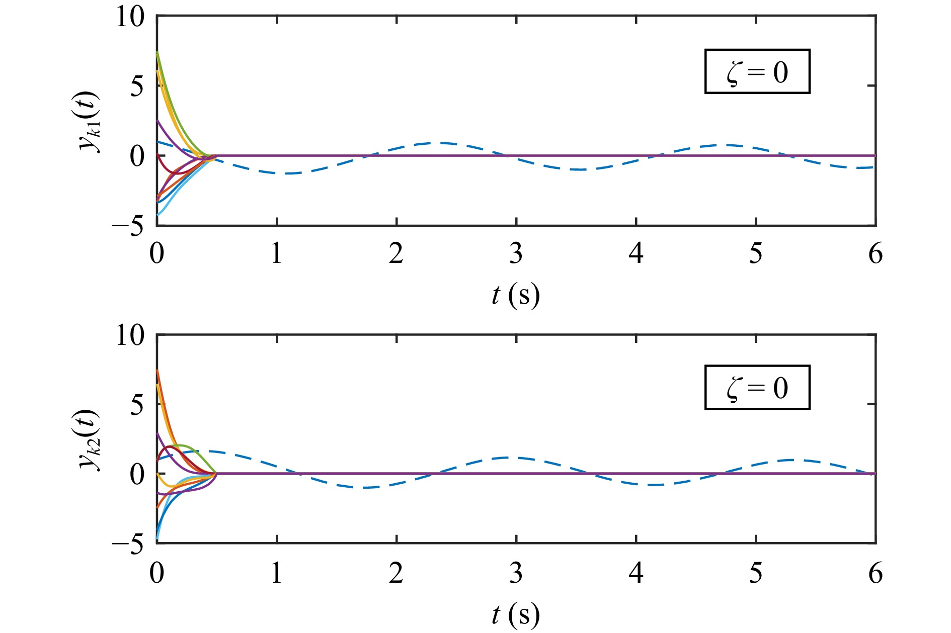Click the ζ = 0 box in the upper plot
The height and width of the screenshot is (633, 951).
click(757, 71)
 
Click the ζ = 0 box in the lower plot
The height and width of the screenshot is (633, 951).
click(757, 387)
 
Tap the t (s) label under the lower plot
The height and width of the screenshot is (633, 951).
click(515, 613)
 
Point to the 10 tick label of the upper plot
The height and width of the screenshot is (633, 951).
click(130, 17)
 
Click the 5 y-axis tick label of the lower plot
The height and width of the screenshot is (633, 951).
click(137, 404)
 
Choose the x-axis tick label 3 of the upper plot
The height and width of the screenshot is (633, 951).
click(516, 254)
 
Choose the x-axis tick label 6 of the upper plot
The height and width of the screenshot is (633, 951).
click(876, 254)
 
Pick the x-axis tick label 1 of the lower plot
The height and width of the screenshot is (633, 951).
click(276, 573)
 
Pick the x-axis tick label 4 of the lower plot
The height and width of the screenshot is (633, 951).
click(636, 573)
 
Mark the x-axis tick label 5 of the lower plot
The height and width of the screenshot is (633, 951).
click(756, 573)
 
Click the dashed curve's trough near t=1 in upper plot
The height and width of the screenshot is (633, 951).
click(289, 173)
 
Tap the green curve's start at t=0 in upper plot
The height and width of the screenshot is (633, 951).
click(157, 52)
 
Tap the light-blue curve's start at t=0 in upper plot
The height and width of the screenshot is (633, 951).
click(158, 215)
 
